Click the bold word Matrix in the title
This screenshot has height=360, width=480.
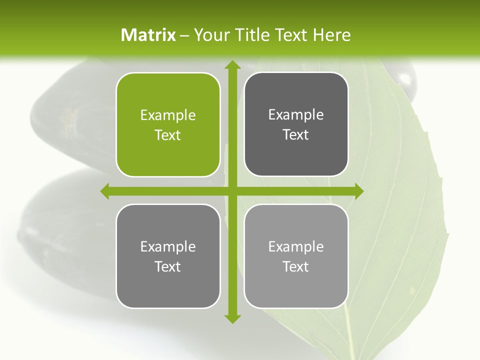pos(148,35)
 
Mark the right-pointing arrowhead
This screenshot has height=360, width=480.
pos(358,191)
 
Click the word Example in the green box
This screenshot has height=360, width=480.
pos(168,115)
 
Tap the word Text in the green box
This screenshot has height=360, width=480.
pos(168,135)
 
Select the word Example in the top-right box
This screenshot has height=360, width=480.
pos(296,115)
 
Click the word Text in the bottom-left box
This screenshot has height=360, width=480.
pos(168,266)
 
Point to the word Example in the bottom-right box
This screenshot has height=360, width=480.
pos(296,246)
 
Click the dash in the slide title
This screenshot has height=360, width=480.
pos(184,35)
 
